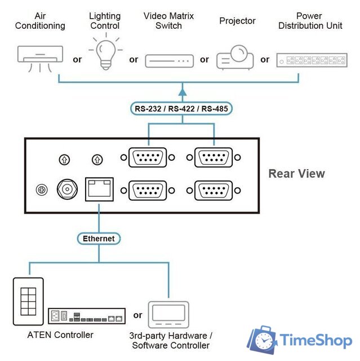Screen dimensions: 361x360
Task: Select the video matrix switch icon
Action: coord(169,60)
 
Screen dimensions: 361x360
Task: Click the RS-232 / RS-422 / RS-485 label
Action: coord(182,109)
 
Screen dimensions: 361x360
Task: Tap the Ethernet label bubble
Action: coord(99,238)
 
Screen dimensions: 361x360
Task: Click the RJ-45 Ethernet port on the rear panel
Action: coord(99,189)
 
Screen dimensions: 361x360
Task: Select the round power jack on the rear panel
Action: coord(67,189)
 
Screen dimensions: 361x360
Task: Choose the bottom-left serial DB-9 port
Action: coord(148,190)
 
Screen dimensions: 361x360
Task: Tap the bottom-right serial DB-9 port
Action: coord(214,190)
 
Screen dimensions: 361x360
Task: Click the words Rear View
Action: coord(296,173)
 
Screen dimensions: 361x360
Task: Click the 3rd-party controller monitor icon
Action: coord(168,314)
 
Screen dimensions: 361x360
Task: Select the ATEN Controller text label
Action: coord(60,335)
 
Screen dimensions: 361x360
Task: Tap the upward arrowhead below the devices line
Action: coord(182,89)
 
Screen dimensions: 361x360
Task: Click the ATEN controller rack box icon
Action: coord(86,316)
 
